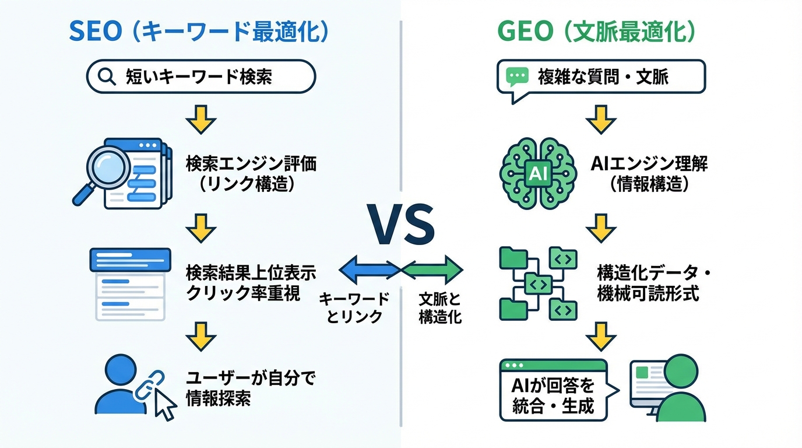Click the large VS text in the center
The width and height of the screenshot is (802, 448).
click(x=401, y=225)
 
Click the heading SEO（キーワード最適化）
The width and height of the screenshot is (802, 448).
click(x=198, y=32)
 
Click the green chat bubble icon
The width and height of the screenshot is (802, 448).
click(x=517, y=76)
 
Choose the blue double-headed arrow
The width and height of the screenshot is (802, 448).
click(x=369, y=269)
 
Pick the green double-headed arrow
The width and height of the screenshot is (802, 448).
click(x=432, y=269)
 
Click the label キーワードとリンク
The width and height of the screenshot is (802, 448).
click(x=354, y=307)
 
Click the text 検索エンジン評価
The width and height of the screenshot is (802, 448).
click(x=251, y=164)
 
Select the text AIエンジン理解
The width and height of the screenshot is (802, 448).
click(x=649, y=164)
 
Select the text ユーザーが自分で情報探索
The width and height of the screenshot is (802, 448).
click(x=251, y=389)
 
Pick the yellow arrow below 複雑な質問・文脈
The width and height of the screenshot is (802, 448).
click(x=601, y=120)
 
